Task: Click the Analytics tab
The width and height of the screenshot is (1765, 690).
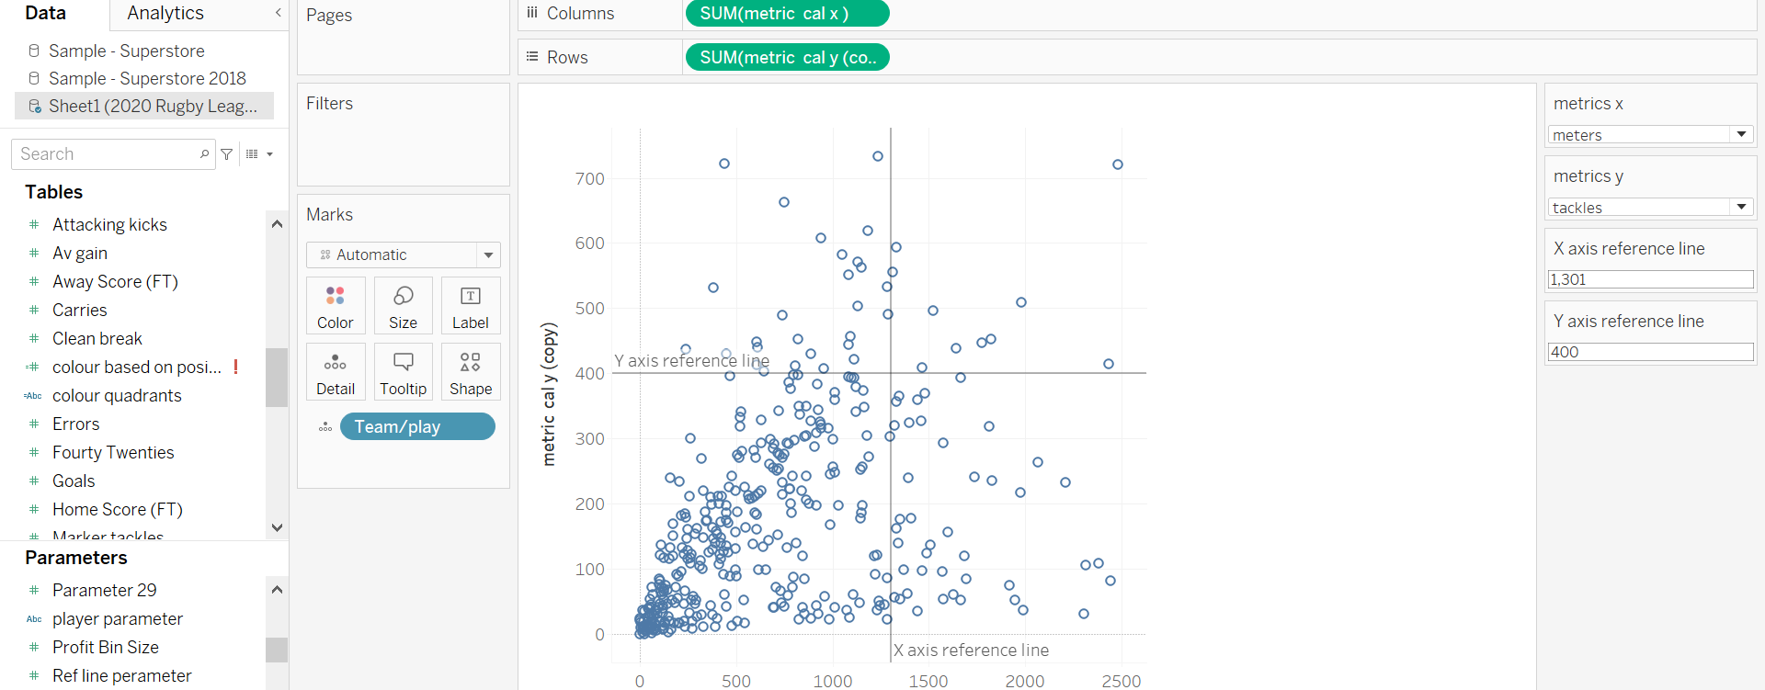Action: tap(165, 13)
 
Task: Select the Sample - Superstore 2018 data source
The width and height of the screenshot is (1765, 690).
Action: tap(147, 78)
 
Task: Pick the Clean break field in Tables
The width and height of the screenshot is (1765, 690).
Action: tap(97, 338)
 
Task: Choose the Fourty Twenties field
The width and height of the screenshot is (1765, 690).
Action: tap(113, 452)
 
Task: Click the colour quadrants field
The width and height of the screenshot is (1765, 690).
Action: tap(117, 395)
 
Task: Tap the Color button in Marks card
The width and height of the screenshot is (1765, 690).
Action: tap(336, 306)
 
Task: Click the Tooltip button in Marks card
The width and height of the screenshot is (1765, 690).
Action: tap(403, 372)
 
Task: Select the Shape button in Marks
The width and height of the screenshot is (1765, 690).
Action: tap(471, 372)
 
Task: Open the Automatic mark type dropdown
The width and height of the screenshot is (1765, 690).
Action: tap(403, 255)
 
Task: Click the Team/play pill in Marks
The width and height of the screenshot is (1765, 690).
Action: tap(416, 426)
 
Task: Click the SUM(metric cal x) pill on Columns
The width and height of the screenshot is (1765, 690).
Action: tap(787, 14)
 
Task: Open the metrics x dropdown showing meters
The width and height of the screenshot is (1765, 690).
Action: tap(1650, 135)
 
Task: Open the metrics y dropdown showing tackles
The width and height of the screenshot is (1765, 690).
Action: tap(1650, 208)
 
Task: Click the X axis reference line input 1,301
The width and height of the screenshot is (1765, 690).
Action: tap(1650, 279)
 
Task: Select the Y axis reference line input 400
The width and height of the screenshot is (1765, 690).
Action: tap(1650, 352)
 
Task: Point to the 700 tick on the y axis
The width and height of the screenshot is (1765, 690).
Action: tap(590, 179)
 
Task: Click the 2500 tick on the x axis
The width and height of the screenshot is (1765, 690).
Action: tap(1121, 681)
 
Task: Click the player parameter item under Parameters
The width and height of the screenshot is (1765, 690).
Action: tap(118, 618)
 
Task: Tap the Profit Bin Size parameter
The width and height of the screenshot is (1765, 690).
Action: tap(106, 647)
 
